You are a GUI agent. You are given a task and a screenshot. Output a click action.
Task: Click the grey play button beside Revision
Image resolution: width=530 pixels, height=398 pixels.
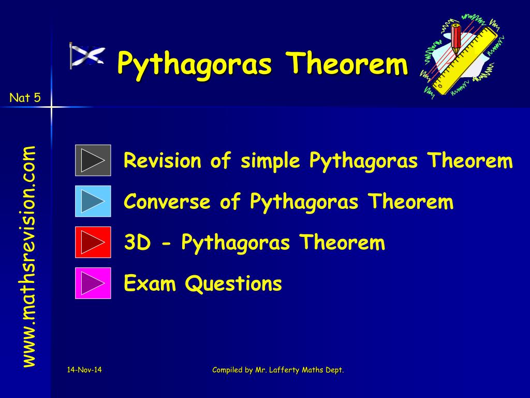pos(93,160)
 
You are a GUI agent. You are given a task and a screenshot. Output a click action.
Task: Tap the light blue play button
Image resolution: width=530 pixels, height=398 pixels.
pos(93,201)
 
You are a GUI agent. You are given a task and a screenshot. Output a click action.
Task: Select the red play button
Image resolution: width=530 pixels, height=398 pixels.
pos(93,242)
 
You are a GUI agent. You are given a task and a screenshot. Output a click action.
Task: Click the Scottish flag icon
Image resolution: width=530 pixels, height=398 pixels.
pos(87,55)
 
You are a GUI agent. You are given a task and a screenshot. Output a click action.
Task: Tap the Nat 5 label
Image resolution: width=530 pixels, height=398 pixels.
pos(25,97)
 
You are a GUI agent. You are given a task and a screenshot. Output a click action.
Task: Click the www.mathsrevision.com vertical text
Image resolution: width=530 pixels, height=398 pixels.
pos(28,257)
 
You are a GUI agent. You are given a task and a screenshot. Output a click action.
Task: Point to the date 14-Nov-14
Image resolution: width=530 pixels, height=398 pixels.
pos(84,369)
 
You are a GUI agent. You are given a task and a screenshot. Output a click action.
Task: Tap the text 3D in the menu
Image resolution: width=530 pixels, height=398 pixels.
pos(136,243)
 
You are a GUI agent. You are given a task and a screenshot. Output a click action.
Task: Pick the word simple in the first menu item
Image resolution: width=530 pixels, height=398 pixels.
pos(270,161)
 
